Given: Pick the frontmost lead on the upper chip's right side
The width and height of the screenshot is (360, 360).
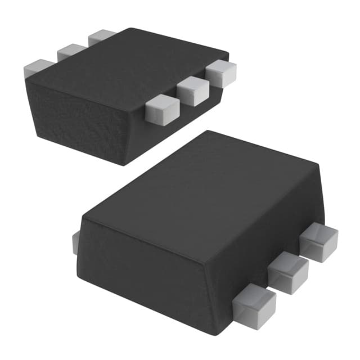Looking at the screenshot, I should pyautogui.click(x=162, y=110).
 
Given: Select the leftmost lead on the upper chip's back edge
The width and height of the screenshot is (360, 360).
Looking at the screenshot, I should pyautogui.click(x=38, y=69).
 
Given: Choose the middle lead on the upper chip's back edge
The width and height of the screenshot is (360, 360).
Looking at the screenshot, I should pyautogui.click(x=71, y=52).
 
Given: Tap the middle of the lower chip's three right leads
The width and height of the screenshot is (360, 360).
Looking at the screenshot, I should pyautogui.click(x=288, y=272).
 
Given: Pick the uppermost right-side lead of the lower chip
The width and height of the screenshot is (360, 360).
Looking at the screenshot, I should pyautogui.click(x=318, y=241).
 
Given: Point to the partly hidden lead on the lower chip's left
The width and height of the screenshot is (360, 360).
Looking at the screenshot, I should pyautogui.click(x=75, y=242).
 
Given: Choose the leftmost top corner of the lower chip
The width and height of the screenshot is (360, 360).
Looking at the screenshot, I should pyautogui.click(x=82, y=216).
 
